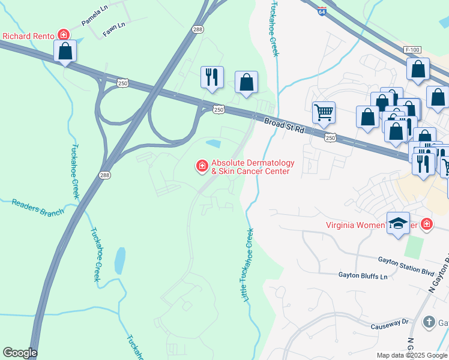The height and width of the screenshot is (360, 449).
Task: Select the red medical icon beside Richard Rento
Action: [62, 35]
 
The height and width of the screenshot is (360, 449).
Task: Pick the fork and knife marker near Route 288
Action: [212, 77]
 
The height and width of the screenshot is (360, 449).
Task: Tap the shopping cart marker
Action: [324, 112]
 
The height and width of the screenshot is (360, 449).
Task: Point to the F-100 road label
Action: [413, 49]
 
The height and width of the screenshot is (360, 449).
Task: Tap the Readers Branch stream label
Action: [37, 208]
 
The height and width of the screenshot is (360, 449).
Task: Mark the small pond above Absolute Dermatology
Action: [213, 143]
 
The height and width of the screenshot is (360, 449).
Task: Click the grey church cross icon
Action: [429, 322]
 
